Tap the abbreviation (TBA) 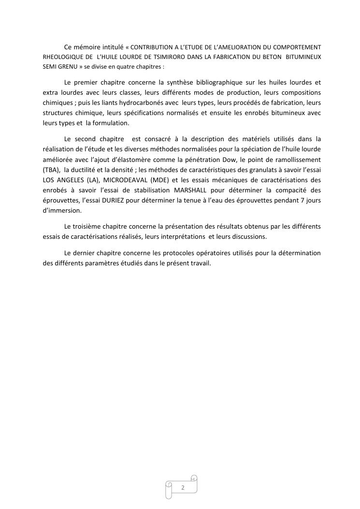[51, 170]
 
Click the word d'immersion [62, 210]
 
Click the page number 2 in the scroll [183, 487]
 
